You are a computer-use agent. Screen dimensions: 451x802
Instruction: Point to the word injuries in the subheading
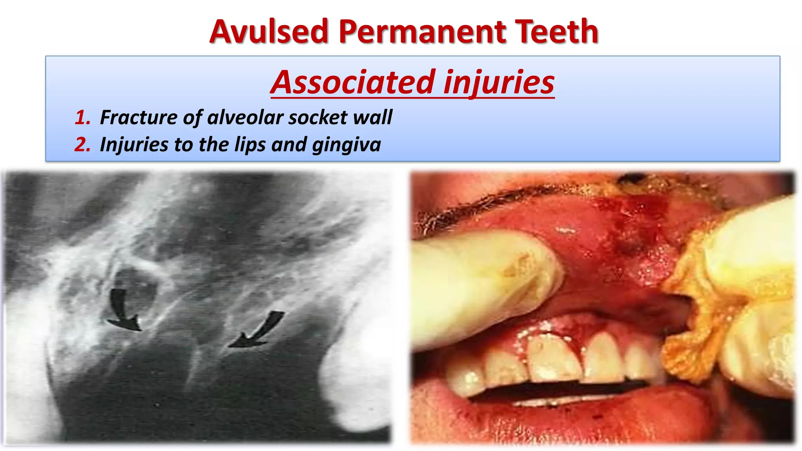499,83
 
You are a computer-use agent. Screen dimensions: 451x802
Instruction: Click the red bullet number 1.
83,117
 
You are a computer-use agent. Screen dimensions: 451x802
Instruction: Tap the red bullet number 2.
83,144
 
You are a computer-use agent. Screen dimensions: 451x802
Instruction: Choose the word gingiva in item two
347,144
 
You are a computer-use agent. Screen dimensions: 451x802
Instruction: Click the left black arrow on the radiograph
122,309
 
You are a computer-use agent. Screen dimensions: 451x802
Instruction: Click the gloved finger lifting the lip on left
482,282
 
